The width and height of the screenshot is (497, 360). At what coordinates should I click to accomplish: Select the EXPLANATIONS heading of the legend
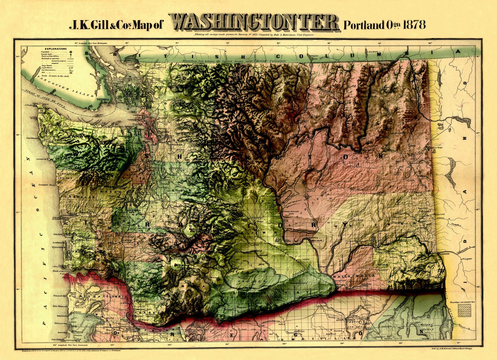(x=55, y=49)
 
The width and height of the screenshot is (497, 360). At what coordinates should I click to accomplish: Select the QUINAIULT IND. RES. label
(x=64, y=176)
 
